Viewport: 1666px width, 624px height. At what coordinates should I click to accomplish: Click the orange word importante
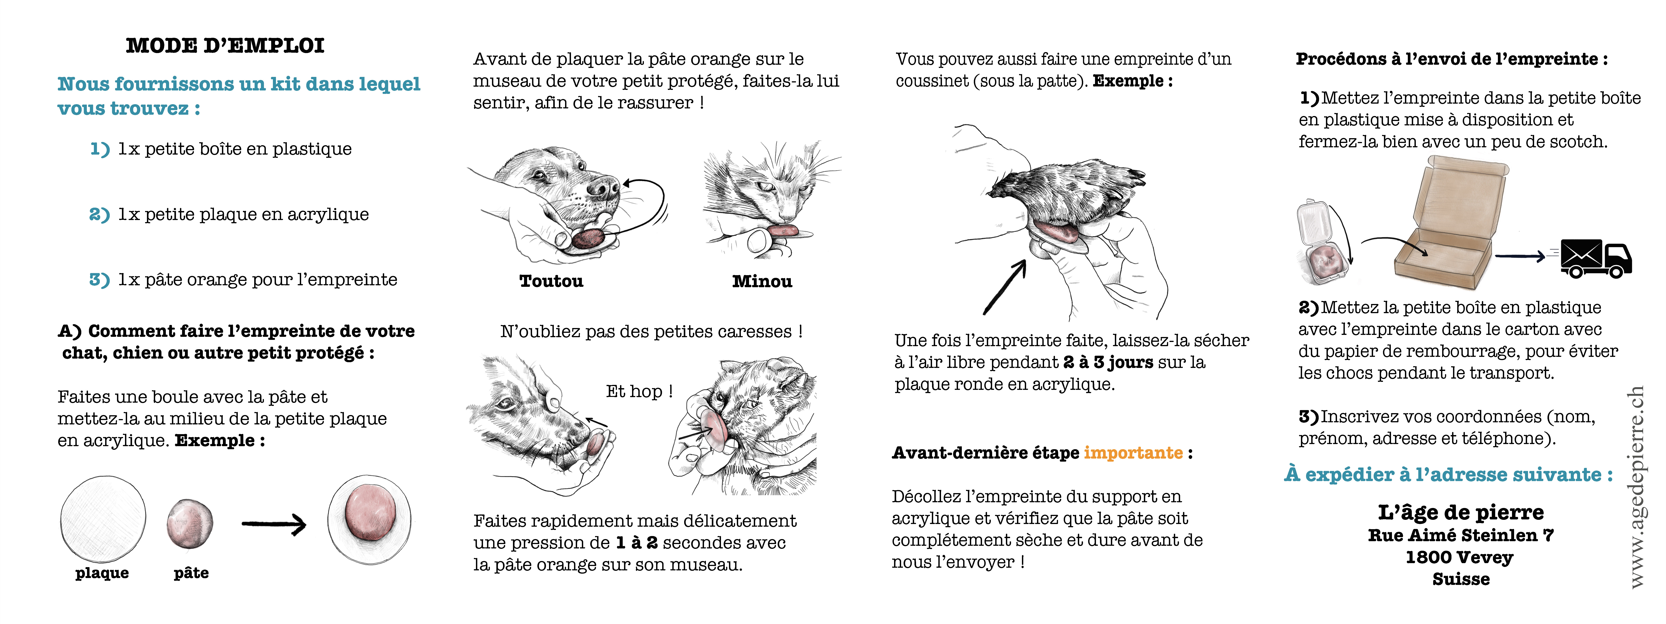(1133, 453)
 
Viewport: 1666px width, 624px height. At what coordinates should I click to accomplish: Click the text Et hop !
(639, 391)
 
